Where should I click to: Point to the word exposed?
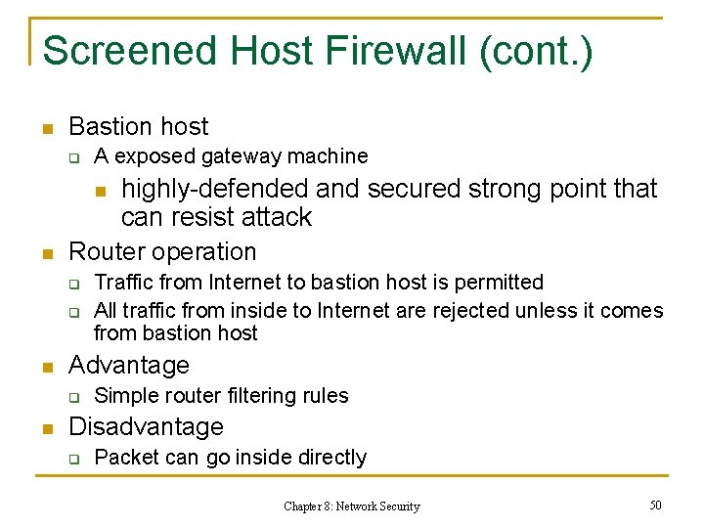click(154, 156)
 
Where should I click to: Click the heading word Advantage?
click(129, 365)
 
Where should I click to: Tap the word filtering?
click(264, 395)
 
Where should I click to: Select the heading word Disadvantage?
click(147, 426)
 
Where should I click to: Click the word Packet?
click(126, 457)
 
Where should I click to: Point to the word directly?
click(332, 457)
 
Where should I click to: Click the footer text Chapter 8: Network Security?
click(351, 506)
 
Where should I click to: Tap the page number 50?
click(655, 504)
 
